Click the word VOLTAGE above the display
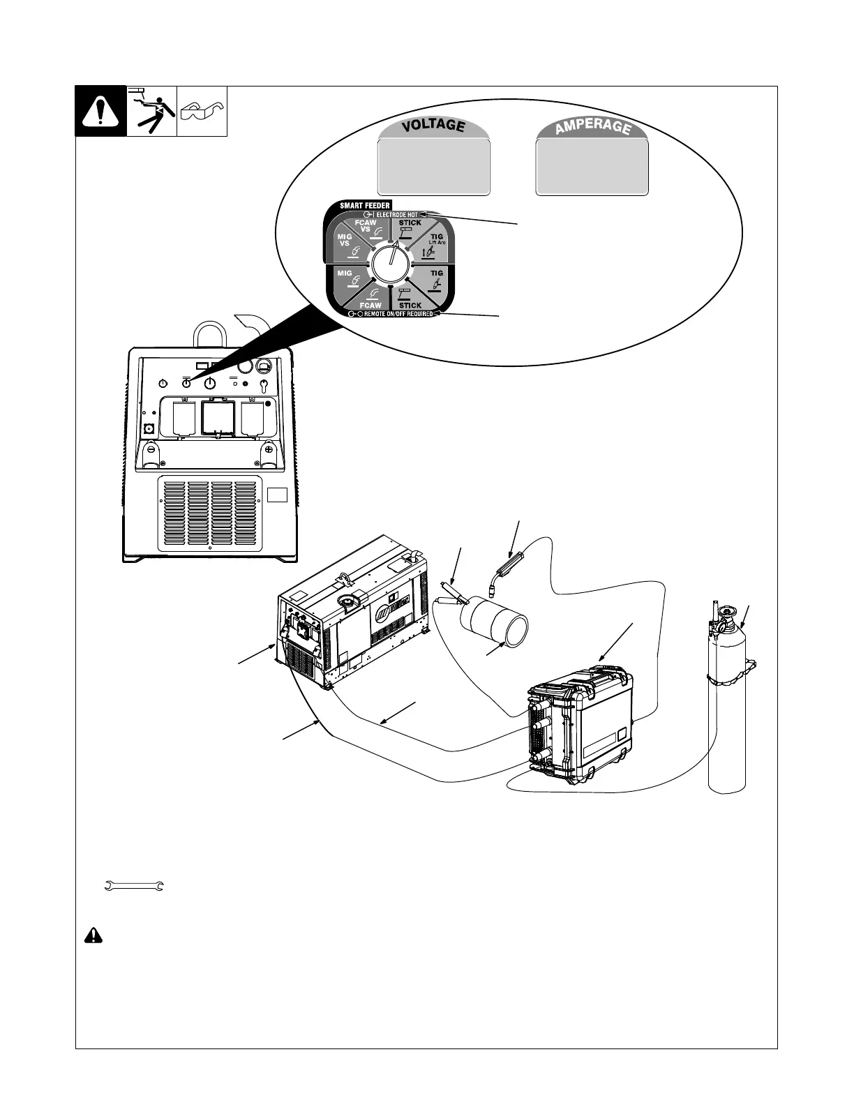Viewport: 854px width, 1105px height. pyautogui.click(x=433, y=126)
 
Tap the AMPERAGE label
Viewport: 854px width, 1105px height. pyautogui.click(x=592, y=126)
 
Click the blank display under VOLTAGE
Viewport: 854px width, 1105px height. pyautogui.click(x=433, y=167)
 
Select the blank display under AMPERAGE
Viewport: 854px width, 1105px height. pyautogui.click(x=592, y=167)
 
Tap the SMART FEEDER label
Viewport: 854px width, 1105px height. pyautogui.click(x=365, y=206)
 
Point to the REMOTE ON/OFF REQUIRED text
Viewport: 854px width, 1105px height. pyautogui.click(x=394, y=314)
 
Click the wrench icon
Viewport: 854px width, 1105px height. pyautogui.click(x=134, y=886)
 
